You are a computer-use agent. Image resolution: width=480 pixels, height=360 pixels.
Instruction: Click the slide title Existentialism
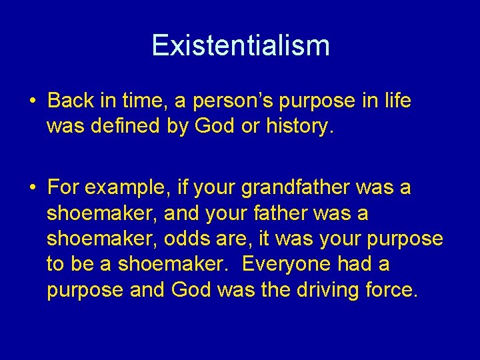pos(240,45)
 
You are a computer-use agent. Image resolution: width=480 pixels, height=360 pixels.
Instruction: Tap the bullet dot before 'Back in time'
pos(32,102)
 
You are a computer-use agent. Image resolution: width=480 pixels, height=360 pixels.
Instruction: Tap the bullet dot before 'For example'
pos(32,189)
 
